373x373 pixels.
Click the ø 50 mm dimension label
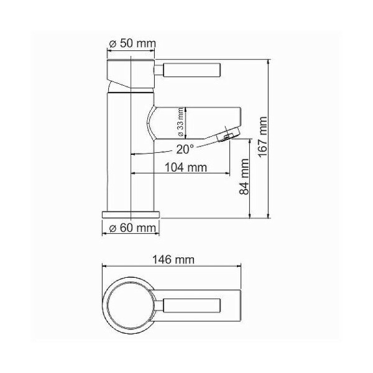[x=132, y=45]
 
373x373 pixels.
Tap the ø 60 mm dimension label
[x=132, y=228]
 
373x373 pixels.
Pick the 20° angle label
[x=184, y=149]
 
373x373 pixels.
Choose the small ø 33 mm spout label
[x=180, y=122]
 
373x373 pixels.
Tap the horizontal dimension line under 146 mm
[x=172, y=266]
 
